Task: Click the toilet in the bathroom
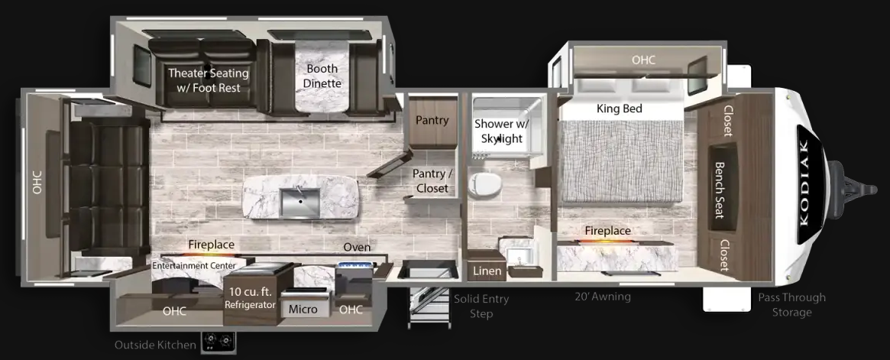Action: (x=485, y=184)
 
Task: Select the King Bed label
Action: (x=620, y=109)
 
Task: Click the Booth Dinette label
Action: (x=322, y=76)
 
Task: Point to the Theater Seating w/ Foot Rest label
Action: (x=209, y=80)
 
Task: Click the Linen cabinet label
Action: (x=487, y=271)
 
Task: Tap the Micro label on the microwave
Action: (x=303, y=310)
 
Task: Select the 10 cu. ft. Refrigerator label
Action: (x=250, y=298)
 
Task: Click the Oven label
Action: (x=357, y=247)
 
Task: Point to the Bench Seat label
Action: (x=719, y=190)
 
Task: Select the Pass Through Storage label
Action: (x=791, y=304)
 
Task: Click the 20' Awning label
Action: (x=602, y=296)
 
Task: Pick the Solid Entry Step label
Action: (x=481, y=306)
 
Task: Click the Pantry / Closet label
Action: (x=432, y=180)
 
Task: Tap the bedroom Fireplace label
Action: (x=608, y=231)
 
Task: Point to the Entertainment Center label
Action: (x=194, y=265)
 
